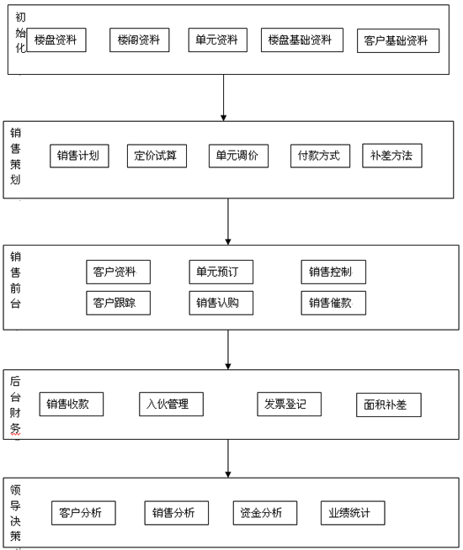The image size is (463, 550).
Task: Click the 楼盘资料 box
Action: [56, 40]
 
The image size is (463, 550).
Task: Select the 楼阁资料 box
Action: [140, 40]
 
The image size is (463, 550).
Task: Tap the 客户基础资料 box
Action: [398, 40]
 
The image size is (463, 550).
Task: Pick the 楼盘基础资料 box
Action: [302, 40]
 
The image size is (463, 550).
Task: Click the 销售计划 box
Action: [79, 156]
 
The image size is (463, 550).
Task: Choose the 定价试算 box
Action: [157, 156]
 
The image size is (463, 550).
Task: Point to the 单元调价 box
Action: [239, 156]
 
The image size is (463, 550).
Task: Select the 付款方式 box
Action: [320, 156]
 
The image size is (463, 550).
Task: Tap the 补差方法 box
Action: [392, 156]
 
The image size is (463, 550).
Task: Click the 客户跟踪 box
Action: [119, 303]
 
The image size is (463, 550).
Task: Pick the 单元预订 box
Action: [221, 272]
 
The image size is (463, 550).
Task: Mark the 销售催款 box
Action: [333, 303]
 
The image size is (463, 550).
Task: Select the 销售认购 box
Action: [221, 303]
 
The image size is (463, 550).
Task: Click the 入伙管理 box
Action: [171, 404]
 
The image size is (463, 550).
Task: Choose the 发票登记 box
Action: [290, 404]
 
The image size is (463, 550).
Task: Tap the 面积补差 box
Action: [389, 405]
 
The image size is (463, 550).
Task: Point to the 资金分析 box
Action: [265, 513]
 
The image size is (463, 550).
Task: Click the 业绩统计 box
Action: [353, 513]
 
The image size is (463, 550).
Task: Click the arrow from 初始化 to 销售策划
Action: [224, 98]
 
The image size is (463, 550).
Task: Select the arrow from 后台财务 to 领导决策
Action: [228, 458]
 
